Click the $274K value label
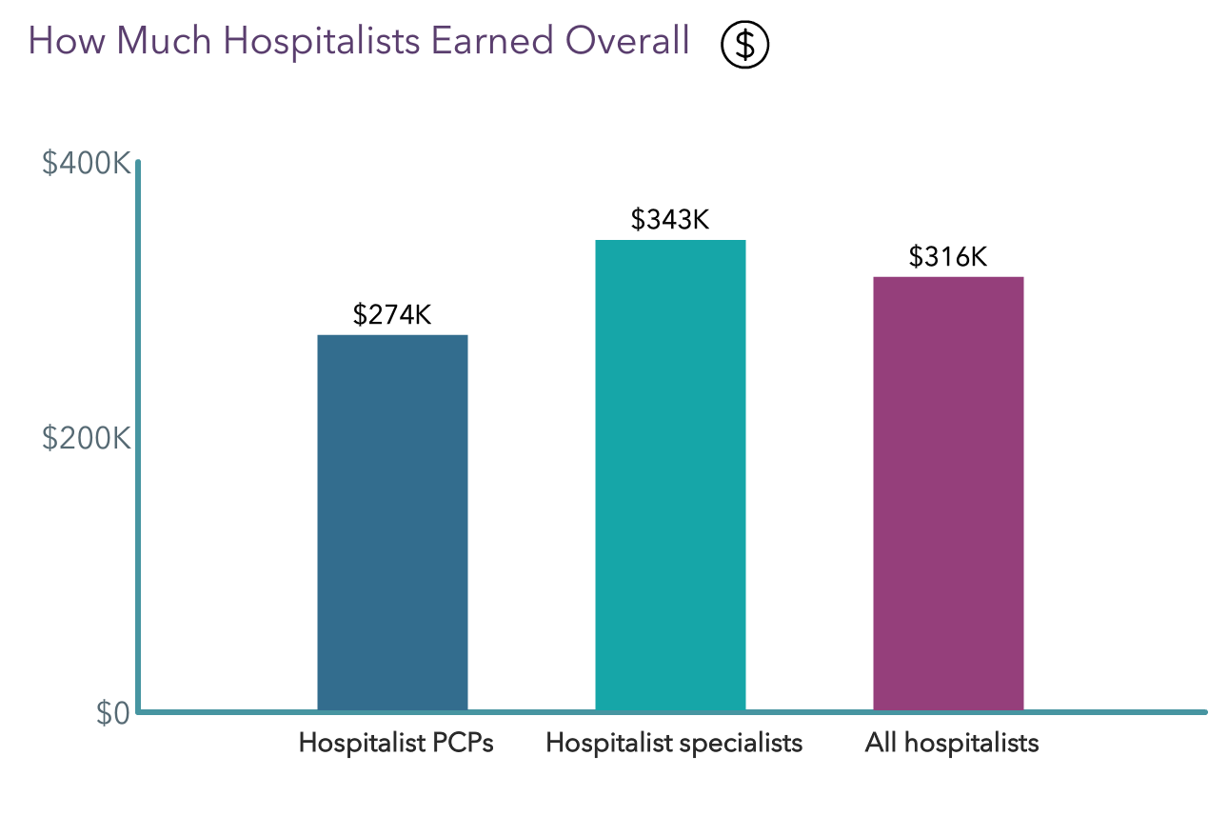click(392, 315)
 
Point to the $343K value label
click(670, 220)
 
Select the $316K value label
click(948, 257)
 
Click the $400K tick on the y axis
click(86, 164)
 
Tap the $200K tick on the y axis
click(86, 438)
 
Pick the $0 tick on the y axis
click(112, 713)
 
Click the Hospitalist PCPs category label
click(396, 743)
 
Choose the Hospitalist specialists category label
click(674, 743)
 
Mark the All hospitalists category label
click(952, 743)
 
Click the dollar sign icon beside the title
click(744, 45)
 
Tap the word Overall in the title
click(627, 42)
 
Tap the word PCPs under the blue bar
click(461, 743)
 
